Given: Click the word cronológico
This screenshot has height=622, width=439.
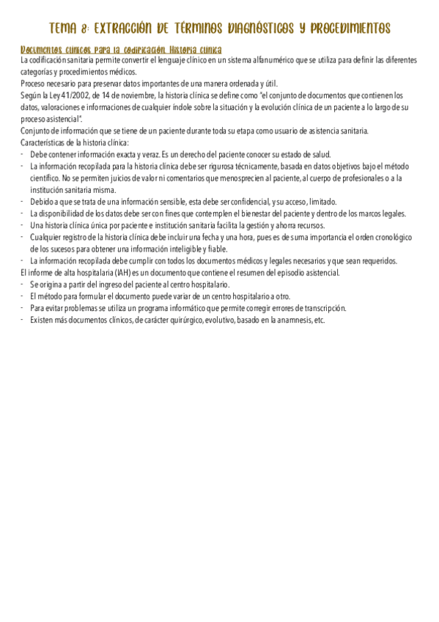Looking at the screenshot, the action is click(x=394, y=238).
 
